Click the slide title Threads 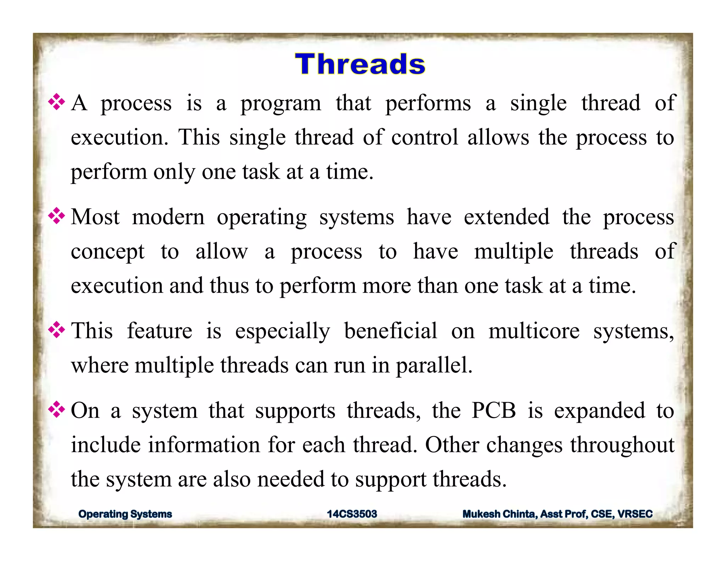point(360,64)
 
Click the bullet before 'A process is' point(57,103)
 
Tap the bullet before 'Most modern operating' point(57,217)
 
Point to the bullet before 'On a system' point(57,411)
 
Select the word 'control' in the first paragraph point(425,137)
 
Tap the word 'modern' point(168,217)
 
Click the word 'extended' point(507,217)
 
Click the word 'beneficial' point(390,331)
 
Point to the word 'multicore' point(534,331)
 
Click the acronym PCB point(493,411)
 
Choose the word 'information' point(204,445)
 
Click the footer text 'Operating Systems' point(125,514)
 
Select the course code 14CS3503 point(352,514)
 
